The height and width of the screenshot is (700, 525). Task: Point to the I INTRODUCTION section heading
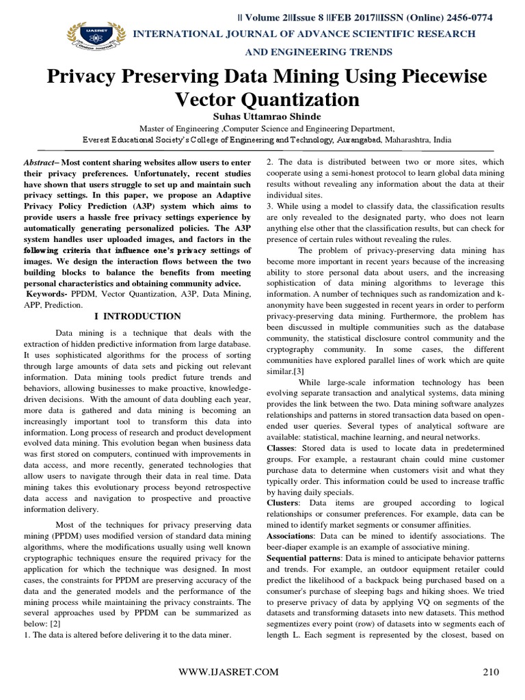click(x=137, y=316)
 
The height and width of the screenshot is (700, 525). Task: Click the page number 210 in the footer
click(x=491, y=672)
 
